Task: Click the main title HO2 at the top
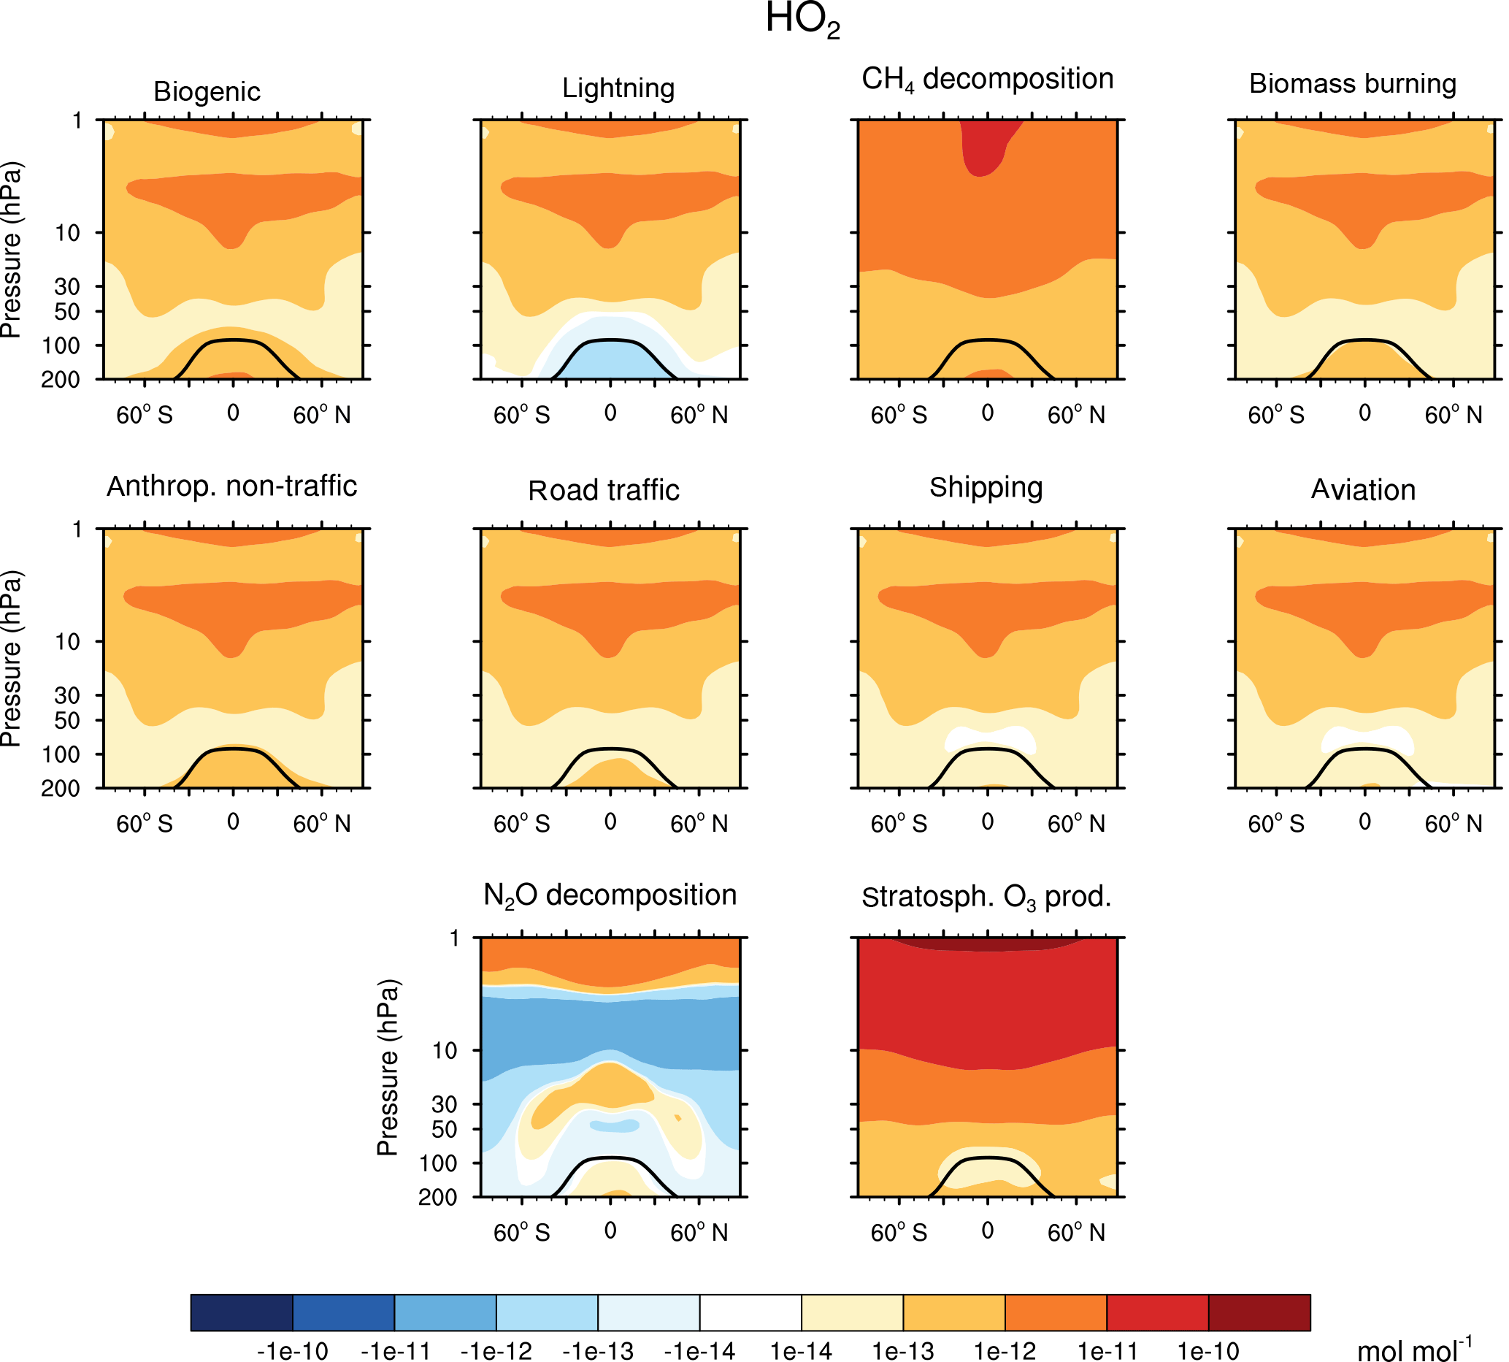(x=802, y=20)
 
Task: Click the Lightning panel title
(x=618, y=88)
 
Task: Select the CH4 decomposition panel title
(x=987, y=80)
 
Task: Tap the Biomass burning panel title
(x=1352, y=84)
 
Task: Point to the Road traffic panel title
(x=603, y=490)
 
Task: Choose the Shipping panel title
(x=986, y=487)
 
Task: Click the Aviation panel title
(x=1362, y=489)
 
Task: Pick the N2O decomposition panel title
(x=610, y=895)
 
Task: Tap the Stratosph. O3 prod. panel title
(x=986, y=897)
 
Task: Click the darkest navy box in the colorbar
(x=241, y=1312)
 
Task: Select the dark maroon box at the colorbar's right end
(x=1259, y=1312)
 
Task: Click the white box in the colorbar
(x=750, y=1312)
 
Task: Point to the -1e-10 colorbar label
(x=292, y=1351)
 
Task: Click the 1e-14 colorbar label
(x=801, y=1351)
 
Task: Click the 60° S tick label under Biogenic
(x=144, y=415)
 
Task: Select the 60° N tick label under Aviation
(x=1452, y=823)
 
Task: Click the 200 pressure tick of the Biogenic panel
(x=61, y=380)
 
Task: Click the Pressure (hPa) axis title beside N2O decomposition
(x=388, y=1066)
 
